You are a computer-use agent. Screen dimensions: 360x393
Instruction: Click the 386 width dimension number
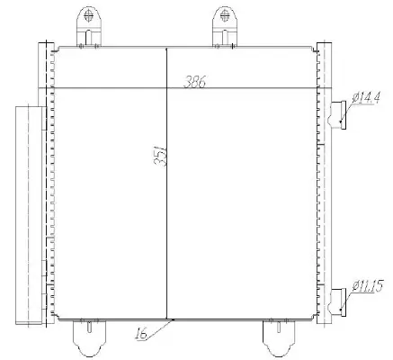pos(194,82)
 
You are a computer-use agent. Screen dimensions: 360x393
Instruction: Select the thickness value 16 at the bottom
pos(142,335)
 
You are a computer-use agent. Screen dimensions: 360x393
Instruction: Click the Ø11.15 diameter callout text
pos(371,287)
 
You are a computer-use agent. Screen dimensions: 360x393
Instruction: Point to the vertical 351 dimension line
pos(168,225)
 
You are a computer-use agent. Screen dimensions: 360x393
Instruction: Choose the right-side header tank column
pos(325,180)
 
